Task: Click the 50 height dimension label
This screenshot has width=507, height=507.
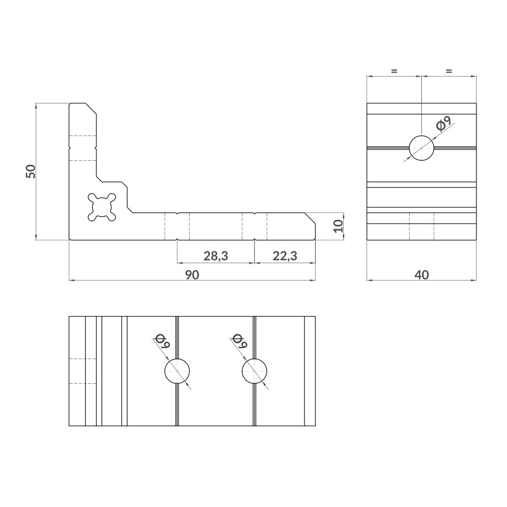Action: [x=31, y=171]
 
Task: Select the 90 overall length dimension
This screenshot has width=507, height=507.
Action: [x=192, y=274]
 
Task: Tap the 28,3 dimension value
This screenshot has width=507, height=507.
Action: [x=215, y=257]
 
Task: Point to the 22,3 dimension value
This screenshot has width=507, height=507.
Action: [x=284, y=257]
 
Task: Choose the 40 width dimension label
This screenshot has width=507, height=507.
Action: [x=421, y=274]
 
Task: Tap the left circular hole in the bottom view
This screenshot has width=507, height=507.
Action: [x=177, y=371]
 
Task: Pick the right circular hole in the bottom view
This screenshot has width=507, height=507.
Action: [x=255, y=371]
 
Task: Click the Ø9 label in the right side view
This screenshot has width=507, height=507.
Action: [x=443, y=124]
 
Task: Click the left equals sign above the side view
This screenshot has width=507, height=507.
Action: [x=394, y=71]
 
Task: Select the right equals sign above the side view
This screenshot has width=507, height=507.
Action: [x=448, y=71]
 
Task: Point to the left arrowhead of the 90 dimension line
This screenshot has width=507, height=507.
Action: [x=71, y=279]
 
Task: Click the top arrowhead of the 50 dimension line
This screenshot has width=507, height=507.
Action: [x=36, y=106]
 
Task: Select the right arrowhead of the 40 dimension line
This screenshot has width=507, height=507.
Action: [x=474, y=279]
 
